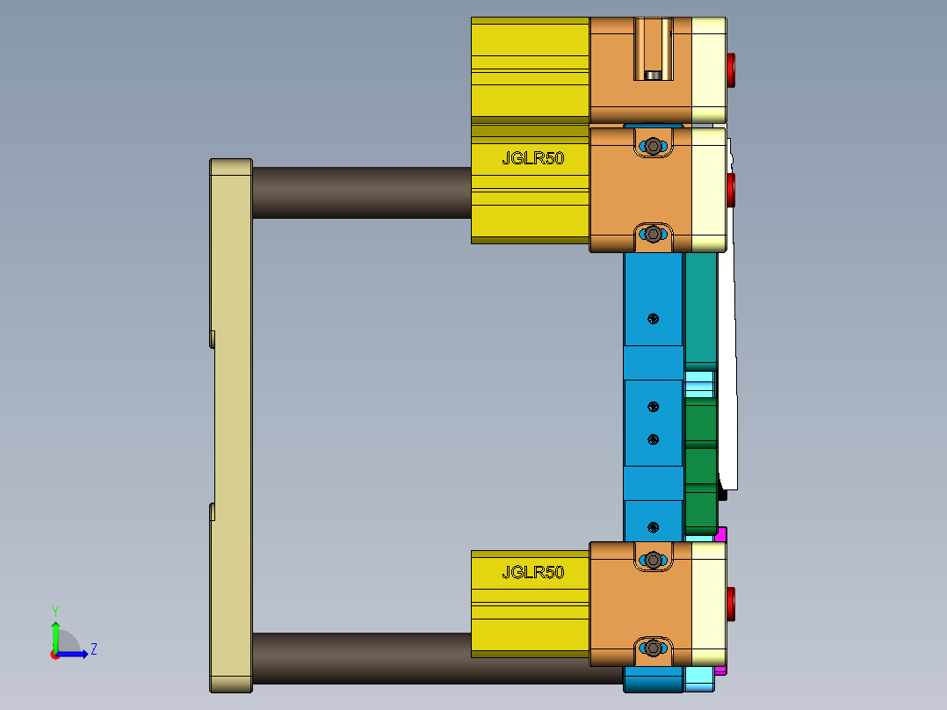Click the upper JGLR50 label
(532, 159)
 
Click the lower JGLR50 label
(532, 573)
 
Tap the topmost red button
(731, 69)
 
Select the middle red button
(731, 189)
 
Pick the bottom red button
(731, 604)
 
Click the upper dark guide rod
(360, 192)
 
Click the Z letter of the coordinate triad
(93, 649)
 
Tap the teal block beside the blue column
(700, 308)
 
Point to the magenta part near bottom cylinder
(721, 533)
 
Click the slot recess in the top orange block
(653, 49)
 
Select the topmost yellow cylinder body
(530, 69)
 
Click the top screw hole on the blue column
(652, 318)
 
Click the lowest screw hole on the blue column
(652, 526)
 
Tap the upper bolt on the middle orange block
(653, 147)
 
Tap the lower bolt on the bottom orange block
(653, 648)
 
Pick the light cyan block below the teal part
(699, 383)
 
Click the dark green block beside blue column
(700, 426)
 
